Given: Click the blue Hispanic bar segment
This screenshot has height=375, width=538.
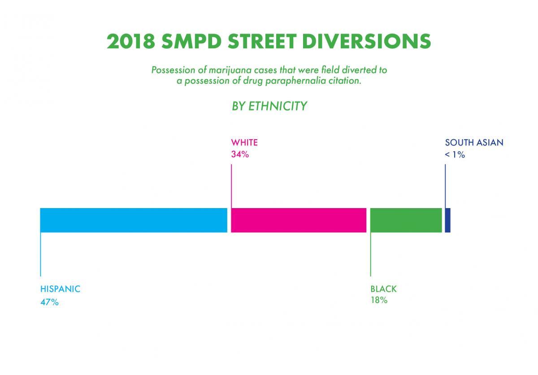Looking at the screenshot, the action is (x=134, y=220).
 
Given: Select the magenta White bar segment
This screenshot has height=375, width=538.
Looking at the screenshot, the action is (x=299, y=220).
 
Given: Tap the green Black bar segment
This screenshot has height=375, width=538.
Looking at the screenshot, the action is (x=406, y=220).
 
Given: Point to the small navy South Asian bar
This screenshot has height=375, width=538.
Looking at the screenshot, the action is (x=448, y=220).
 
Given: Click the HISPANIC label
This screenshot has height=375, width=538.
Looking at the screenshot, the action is (x=60, y=289).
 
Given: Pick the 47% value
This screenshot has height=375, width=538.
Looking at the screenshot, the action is (x=49, y=302).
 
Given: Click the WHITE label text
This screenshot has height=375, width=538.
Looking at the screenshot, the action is (x=244, y=142).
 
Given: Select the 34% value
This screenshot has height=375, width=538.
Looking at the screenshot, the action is (x=240, y=154).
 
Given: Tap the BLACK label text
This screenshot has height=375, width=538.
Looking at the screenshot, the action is (x=384, y=289).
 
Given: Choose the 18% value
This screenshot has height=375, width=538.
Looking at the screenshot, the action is (x=379, y=300).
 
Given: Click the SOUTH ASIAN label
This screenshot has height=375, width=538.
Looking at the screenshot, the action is (x=474, y=142).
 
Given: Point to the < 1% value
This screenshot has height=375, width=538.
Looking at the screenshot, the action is (x=455, y=155).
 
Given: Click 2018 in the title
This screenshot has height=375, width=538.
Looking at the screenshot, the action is (x=131, y=41).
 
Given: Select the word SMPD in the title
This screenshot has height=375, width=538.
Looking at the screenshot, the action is (x=191, y=41).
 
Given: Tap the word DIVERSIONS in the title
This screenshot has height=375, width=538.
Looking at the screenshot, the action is (x=367, y=41).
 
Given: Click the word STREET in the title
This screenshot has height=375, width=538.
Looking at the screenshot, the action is (x=262, y=41).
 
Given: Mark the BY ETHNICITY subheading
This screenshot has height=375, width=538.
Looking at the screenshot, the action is (x=269, y=106).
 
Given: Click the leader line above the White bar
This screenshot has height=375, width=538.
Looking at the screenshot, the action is (x=231, y=186).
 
